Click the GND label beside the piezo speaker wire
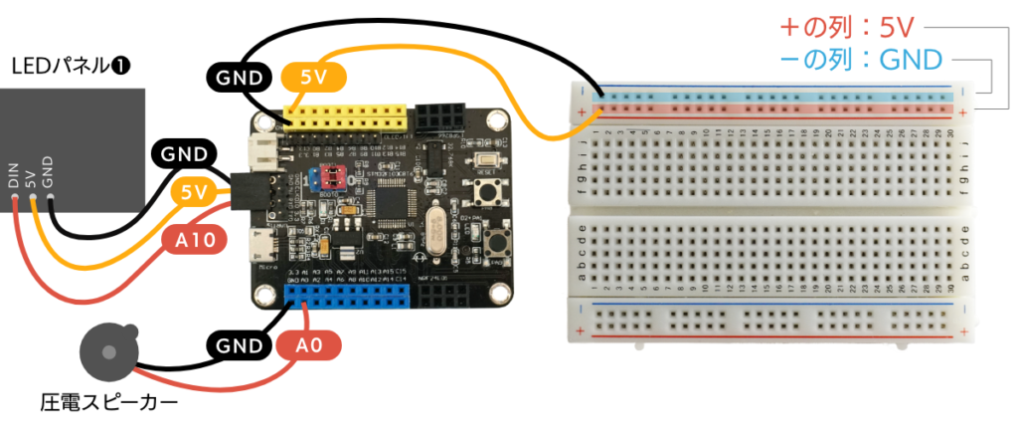click(240, 345)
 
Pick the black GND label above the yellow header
click(240, 77)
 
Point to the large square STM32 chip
click(397, 197)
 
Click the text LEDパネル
click(70, 68)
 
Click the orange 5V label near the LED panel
click(196, 192)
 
